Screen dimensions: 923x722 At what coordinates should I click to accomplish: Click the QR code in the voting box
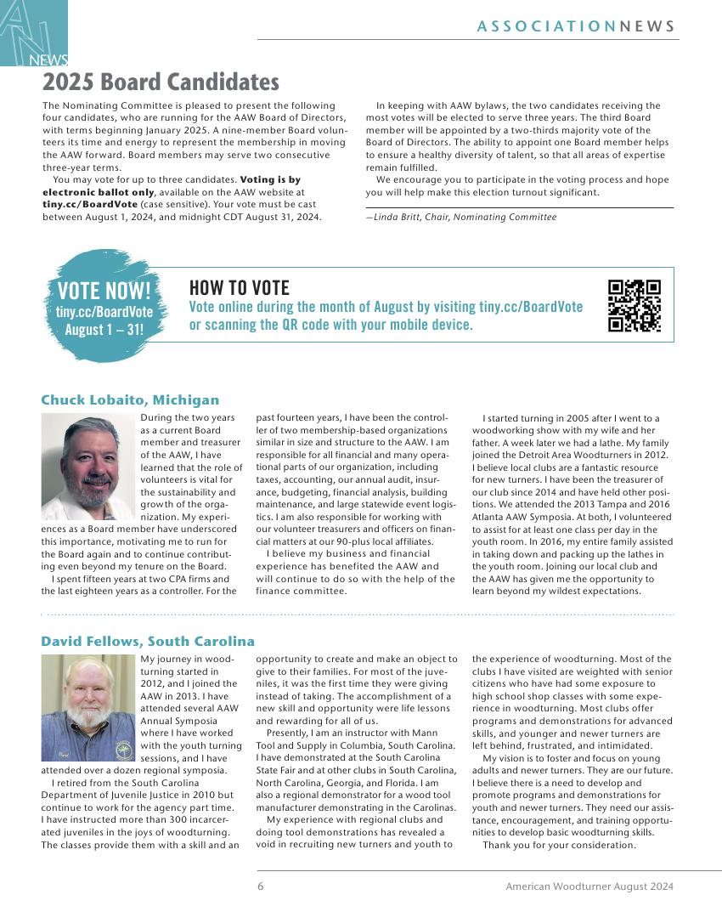(635, 305)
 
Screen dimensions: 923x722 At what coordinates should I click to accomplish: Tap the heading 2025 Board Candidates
(161, 82)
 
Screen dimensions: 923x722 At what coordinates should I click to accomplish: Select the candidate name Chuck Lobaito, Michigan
(130, 400)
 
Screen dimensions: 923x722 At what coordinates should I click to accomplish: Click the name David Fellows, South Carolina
(148, 641)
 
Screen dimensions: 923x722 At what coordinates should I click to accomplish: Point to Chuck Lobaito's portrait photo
(88, 467)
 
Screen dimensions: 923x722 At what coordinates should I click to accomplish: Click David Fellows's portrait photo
(88, 707)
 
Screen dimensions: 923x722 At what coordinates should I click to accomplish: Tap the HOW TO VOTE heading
(239, 288)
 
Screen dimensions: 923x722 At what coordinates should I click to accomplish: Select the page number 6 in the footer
(261, 886)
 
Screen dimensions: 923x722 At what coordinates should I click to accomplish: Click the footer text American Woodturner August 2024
(589, 886)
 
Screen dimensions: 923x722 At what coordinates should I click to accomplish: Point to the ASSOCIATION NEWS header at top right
(576, 26)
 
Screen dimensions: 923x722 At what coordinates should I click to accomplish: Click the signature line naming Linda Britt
(460, 218)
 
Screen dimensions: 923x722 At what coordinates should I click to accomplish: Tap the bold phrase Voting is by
(270, 180)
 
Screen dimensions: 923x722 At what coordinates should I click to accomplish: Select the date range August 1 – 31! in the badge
(104, 330)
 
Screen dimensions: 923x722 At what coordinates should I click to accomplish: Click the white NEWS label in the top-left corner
(48, 60)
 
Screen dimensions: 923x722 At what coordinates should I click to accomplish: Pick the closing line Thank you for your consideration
(559, 845)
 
